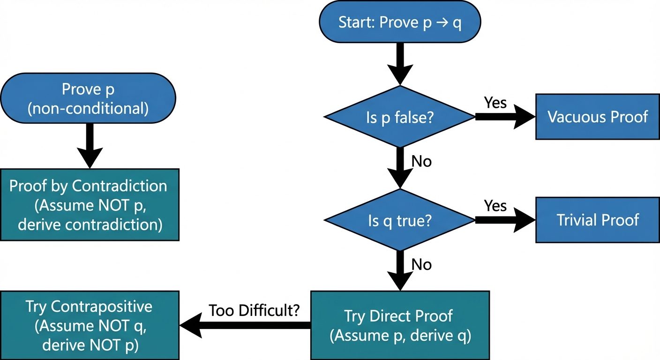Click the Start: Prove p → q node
[399, 22]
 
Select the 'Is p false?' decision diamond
[399, 117]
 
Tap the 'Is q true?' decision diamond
[399, 220]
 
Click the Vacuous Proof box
[597, 117]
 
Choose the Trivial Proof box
[597, 220]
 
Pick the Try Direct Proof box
[399, 325]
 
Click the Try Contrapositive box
[89, 325]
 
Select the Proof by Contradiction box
[89, 205]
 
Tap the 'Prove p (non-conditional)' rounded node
[88, 98]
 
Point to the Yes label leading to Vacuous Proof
[495, 102]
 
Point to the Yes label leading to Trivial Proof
[495, 206]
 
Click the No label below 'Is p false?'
[421, 161]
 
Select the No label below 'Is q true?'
[421, 265]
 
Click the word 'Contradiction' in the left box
[119, 186]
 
